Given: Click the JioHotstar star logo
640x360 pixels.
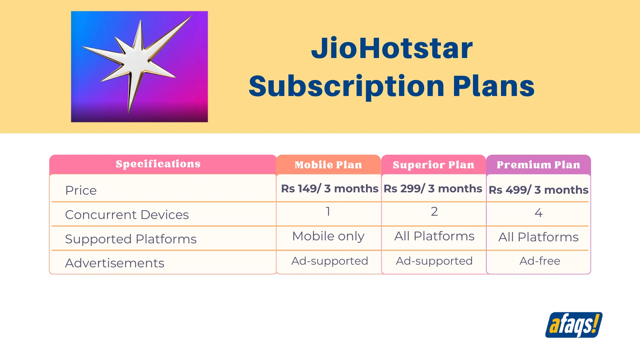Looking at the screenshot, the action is coord(139,66).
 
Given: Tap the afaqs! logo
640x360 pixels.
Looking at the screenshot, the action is coord(574,325).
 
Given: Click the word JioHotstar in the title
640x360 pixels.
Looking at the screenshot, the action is coord(392,48).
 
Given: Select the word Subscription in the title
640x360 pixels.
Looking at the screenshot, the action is coord(347,86).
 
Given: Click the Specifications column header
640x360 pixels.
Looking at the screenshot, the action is coord(158,164).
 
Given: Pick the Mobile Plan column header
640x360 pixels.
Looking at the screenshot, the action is coord(328,165).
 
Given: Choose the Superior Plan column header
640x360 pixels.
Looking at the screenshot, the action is coord(433,165).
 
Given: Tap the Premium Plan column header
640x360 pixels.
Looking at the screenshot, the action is coord(538,165).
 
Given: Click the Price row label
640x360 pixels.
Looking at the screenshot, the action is coord(81,190).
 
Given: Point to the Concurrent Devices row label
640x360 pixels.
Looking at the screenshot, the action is coord(127,215).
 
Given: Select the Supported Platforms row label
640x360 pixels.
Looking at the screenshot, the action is coord(131,239).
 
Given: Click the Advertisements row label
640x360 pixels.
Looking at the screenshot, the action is coord(115,263).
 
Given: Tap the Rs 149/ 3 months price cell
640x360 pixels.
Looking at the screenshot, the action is coord(330,189).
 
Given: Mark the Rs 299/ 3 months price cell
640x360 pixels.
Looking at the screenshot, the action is coord(433,189).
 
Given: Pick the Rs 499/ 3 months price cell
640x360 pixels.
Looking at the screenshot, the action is coord(538,190).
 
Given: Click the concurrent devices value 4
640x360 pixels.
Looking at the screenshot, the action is coord(539,213).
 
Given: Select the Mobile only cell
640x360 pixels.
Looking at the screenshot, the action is coord(328,236).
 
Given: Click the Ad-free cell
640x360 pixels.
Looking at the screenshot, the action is coord(540,261).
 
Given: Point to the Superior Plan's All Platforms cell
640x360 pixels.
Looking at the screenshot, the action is coord(434,236).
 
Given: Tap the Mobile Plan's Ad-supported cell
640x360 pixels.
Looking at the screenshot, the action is coord(330,261).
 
